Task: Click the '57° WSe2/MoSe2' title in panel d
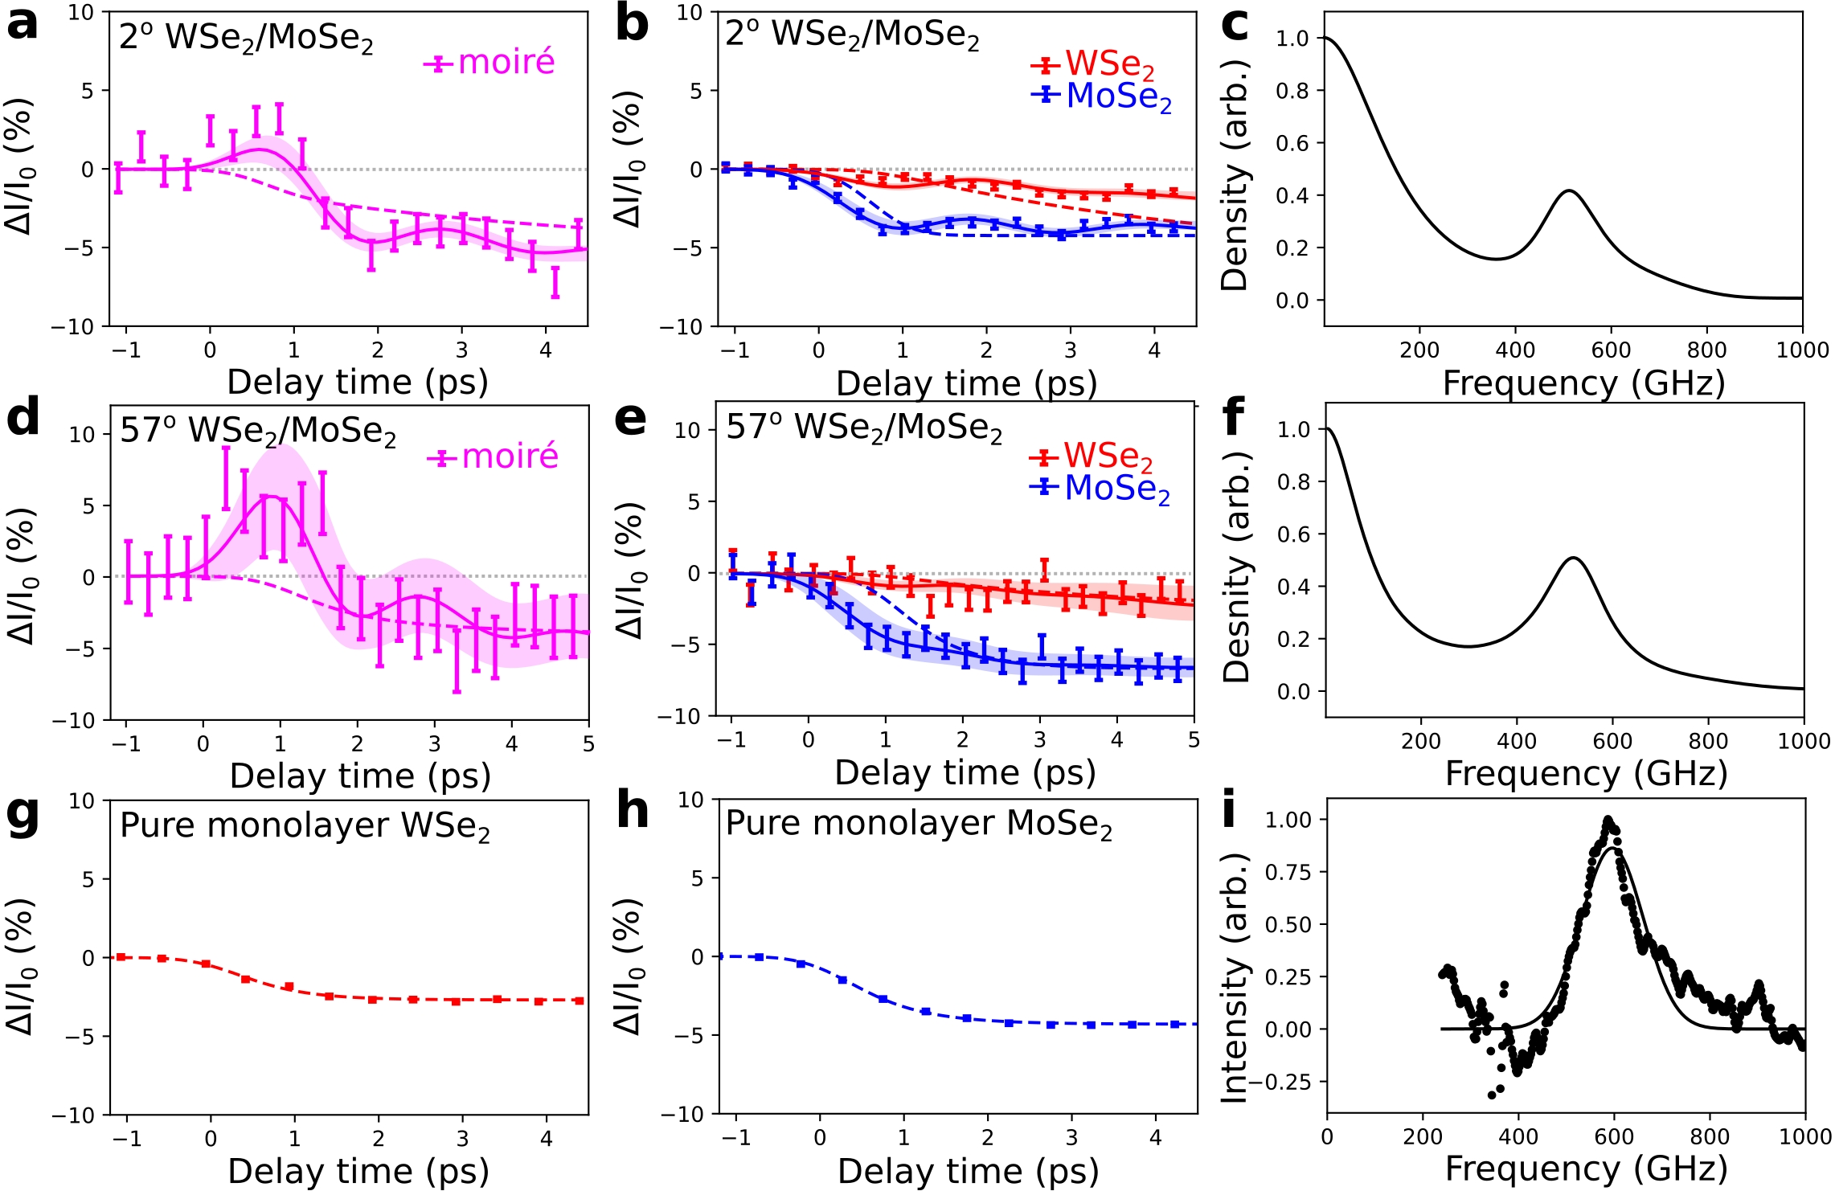pos(258,432)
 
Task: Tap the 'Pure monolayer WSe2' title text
pos(305,827)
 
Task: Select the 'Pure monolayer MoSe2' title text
pos(919,825)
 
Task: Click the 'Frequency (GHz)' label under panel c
pos(1583,383)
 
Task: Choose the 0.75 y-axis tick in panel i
pos(1288,873)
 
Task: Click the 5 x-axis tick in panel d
pos(588,744)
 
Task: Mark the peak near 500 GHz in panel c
pos(1568,191)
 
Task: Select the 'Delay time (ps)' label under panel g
pos(358,1171)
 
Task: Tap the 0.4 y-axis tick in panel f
pos(1293,587)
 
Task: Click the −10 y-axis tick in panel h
pos(681,1115)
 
